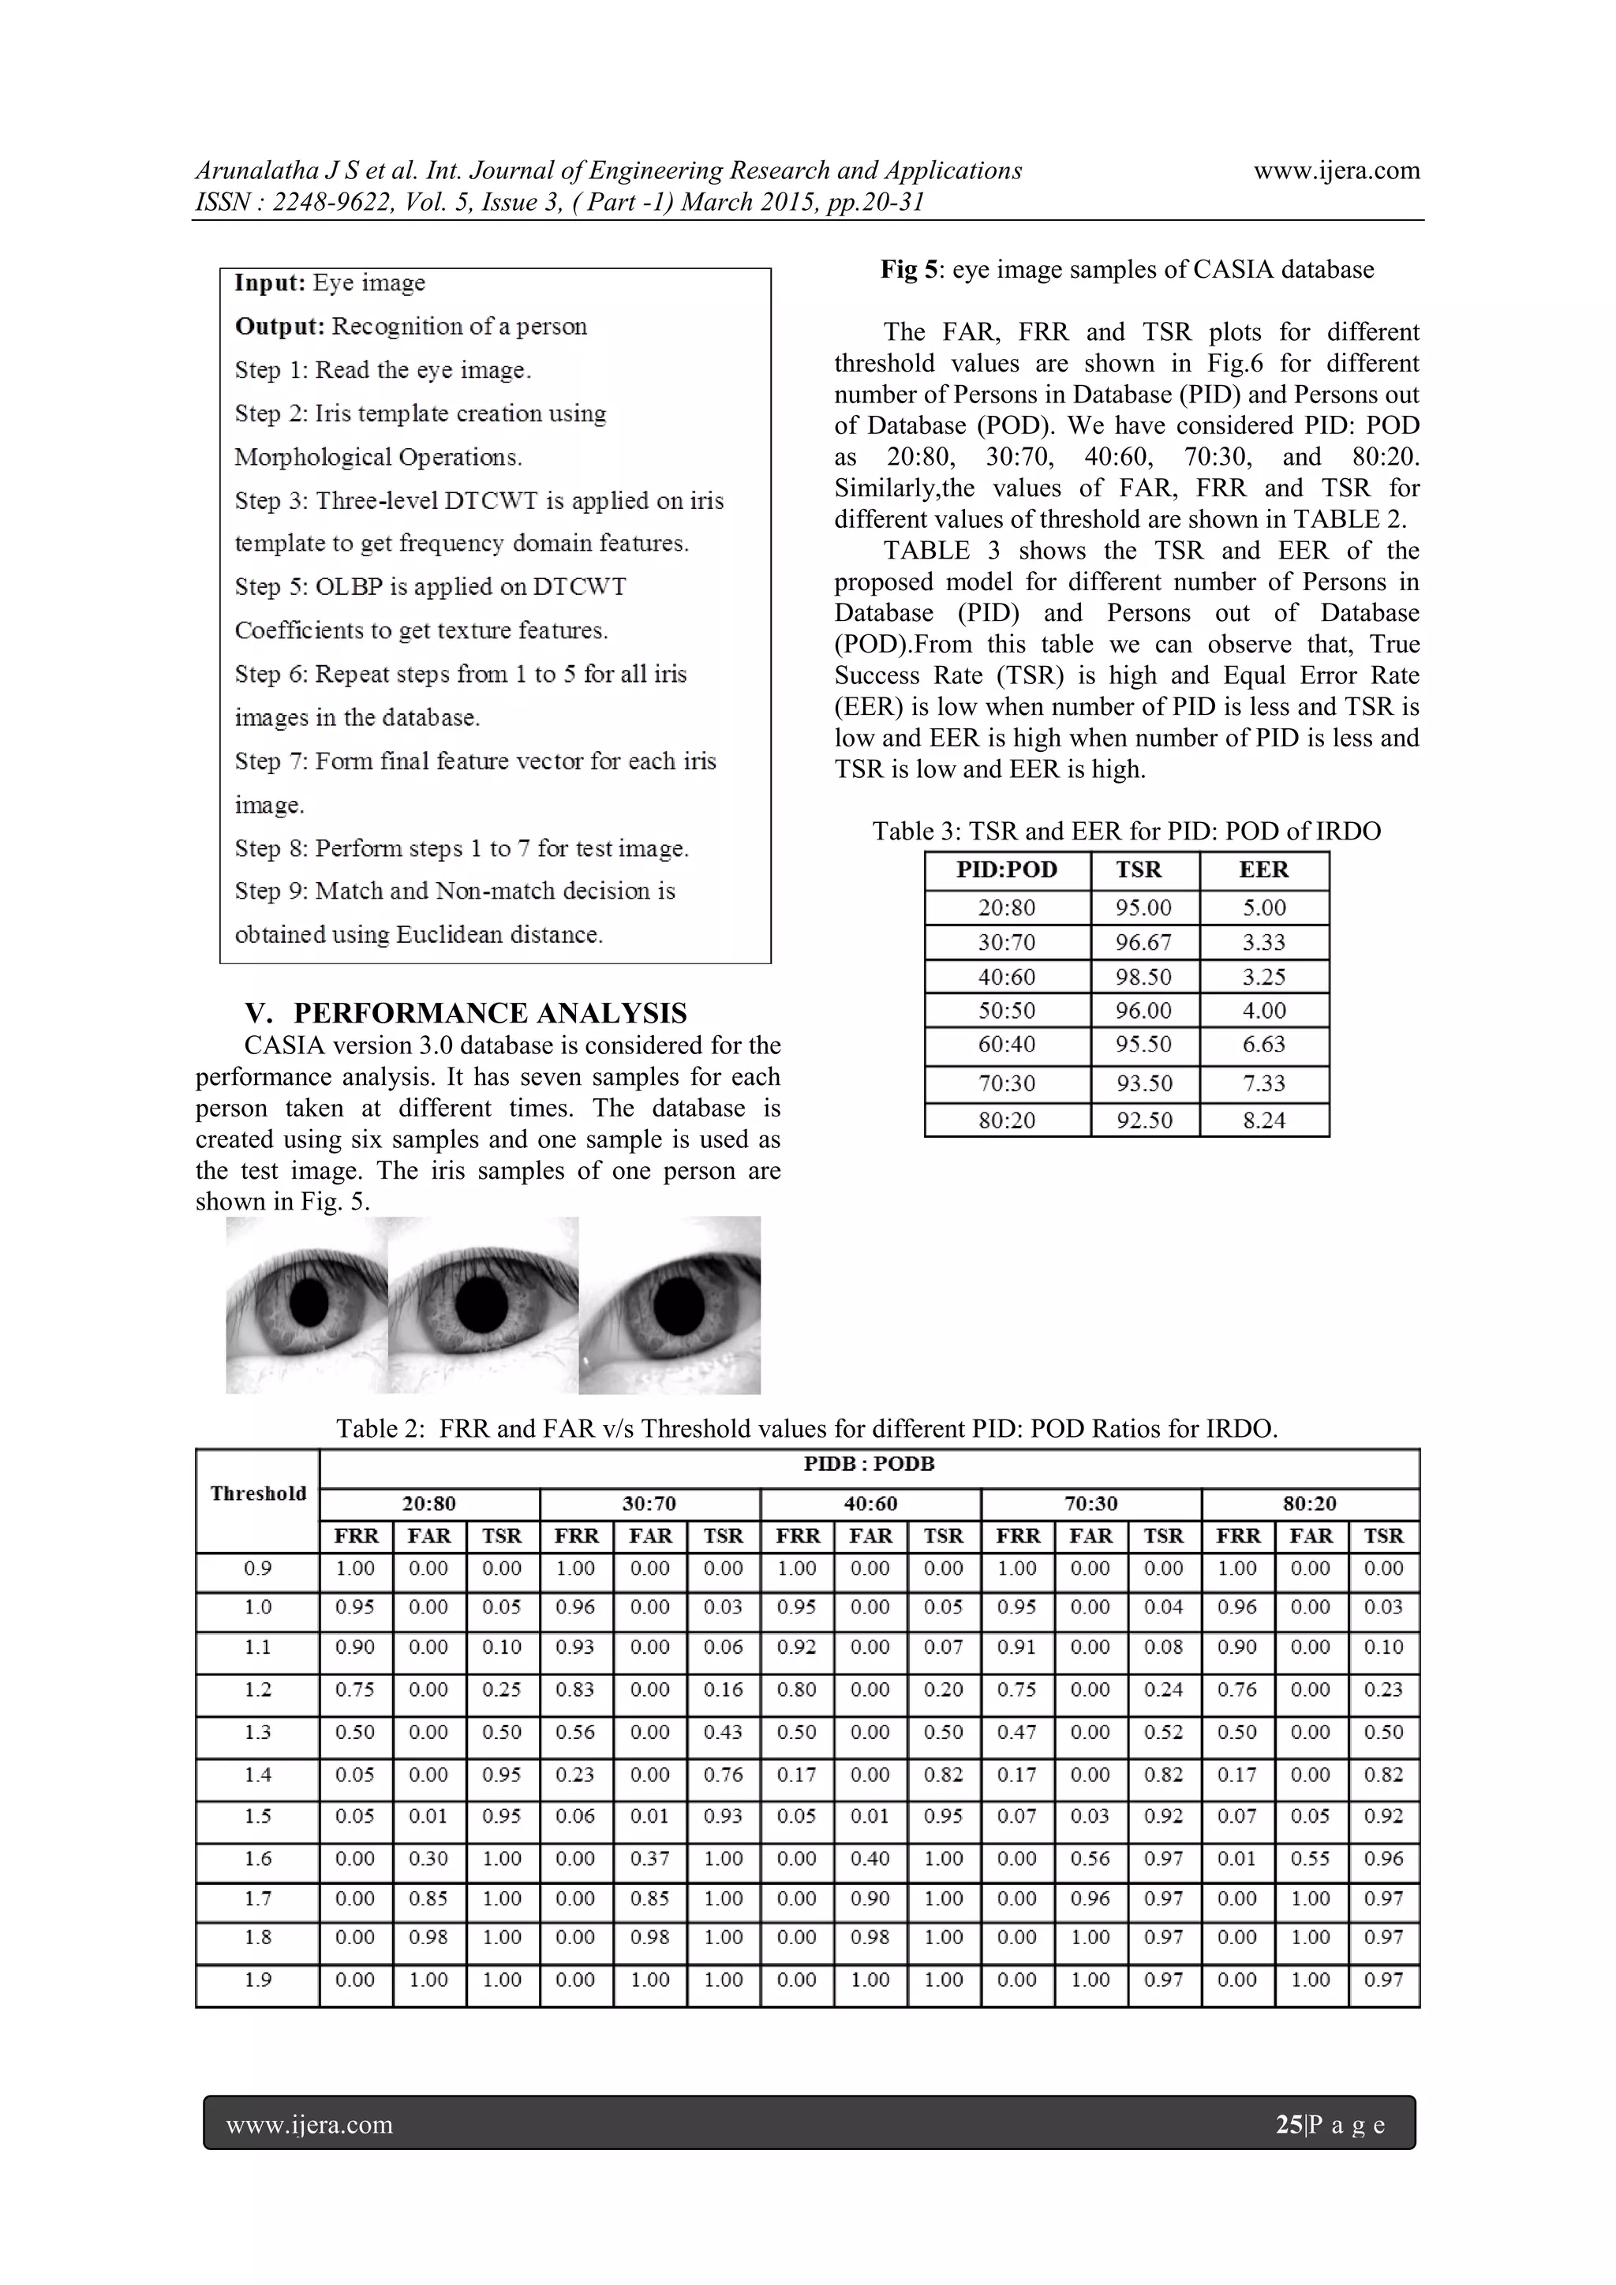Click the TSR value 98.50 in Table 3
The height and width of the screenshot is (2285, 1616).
(1143, 976)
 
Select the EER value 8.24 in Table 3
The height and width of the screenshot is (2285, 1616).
(1264, 1120)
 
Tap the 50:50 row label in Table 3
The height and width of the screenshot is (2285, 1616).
(1006, 1010)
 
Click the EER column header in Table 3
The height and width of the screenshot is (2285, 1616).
(1264, 869)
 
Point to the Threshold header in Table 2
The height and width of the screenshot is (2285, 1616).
(258, 1493)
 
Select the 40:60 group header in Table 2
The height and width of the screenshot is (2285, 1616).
(870, 1504)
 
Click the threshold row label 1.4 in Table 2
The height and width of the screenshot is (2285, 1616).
(258, 1775)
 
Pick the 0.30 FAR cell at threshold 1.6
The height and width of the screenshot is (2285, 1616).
(429, 1858)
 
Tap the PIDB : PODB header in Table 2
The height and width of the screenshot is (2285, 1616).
(869, 1464)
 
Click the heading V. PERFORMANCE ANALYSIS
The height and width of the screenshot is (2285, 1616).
(466, 1013)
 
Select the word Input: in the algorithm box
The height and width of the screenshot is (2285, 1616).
(270, 282)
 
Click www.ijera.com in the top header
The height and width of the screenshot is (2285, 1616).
(1337, 170)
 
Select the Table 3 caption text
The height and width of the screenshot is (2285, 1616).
(1127, 831)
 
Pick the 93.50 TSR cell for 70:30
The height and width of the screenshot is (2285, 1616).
(1143, 1083)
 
